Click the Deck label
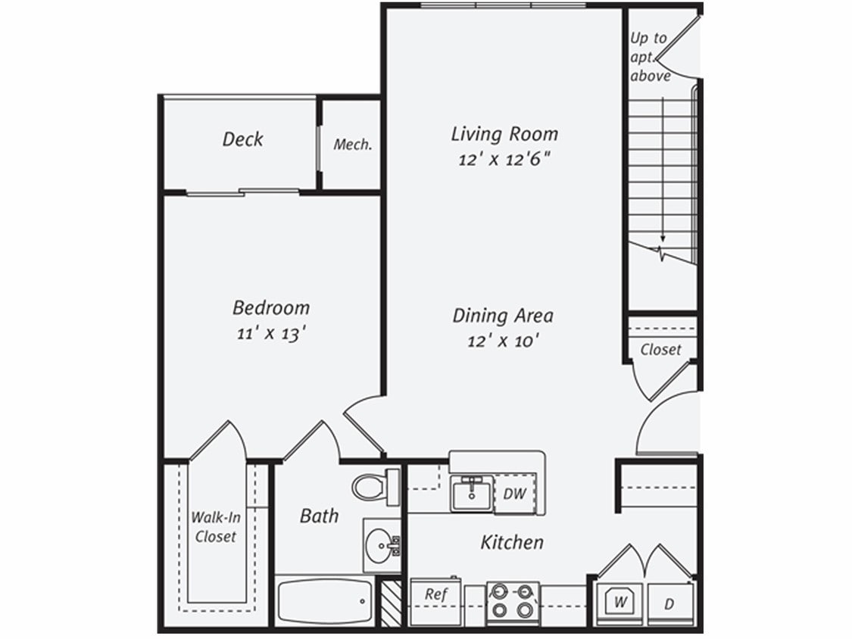(243, 139)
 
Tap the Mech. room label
(353, 145)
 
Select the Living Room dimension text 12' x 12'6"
(504, 161)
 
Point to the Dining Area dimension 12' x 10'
(503, 341)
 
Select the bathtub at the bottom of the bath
(323, 602)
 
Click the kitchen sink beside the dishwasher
(470, 494)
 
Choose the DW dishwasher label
(514, 494)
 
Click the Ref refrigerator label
(435, 594)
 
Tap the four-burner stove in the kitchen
(512, 603)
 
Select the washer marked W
(620, 603)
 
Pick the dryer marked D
(669, 604)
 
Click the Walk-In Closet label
(216, 527)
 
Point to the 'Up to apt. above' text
(649, 57)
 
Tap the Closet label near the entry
(660, 350)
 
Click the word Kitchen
(512, 542)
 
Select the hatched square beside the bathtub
(391, 603)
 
